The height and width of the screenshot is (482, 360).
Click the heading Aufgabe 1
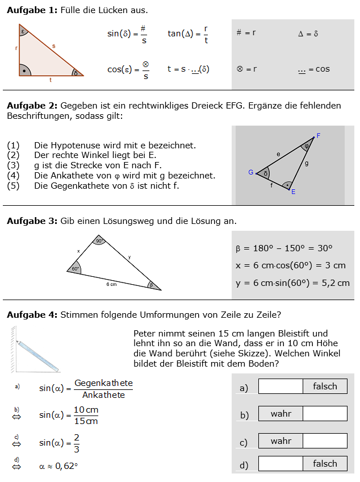coord(32,11)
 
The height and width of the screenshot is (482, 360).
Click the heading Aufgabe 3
coord(32,221)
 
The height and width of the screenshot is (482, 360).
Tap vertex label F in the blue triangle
coord(319,136)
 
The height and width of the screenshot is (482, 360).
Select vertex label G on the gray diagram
coord(250,172)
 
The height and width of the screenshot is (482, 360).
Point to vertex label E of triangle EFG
coord(293,192)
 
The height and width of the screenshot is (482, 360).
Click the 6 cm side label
coord(111,284)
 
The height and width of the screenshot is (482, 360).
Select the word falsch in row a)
coord(325,387)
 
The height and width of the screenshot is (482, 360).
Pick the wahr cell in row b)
coord(281,414)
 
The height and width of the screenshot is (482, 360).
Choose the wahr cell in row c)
coord(281,441)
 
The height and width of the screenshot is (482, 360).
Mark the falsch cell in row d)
coord(325,464)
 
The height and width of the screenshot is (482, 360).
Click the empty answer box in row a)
coord(281,387)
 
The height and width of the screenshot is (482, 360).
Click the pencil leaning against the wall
coord(37,355)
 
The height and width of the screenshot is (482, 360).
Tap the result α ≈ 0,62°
coord(58,467)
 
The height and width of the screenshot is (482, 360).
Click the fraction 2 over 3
coord(77,442)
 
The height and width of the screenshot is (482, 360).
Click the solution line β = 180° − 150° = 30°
coord(284,248)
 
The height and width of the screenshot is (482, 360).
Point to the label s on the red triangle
coord(53,45)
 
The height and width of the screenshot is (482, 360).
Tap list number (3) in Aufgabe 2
coord(13,165)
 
